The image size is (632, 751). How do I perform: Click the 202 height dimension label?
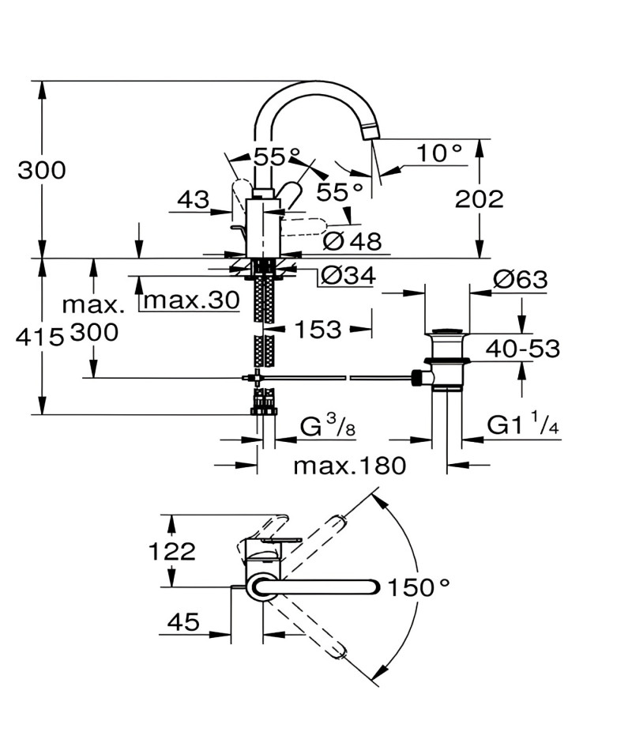tap(479, 198)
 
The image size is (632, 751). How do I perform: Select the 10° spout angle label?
tap(439, 153)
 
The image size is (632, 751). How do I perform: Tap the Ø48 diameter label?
tap(352, 240)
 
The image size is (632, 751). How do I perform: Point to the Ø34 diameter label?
tap(348, 275)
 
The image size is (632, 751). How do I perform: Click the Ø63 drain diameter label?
tap(520, 279)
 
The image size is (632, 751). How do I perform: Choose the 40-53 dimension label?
tap(523, 349)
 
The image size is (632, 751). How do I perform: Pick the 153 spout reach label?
tap(318, 330)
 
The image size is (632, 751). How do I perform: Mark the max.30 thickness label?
tap(191, 300)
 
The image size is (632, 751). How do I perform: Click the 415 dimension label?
tap(39, 338)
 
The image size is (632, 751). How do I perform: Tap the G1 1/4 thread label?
tap(523, 425)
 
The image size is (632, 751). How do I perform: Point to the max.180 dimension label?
tap(349, 466)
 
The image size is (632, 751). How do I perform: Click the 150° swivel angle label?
tap(419, 587)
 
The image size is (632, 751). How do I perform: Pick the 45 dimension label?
tap(183, 621)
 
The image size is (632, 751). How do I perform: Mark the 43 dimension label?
tap(194, 199)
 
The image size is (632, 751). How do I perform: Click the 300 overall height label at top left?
tap(42, 170)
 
